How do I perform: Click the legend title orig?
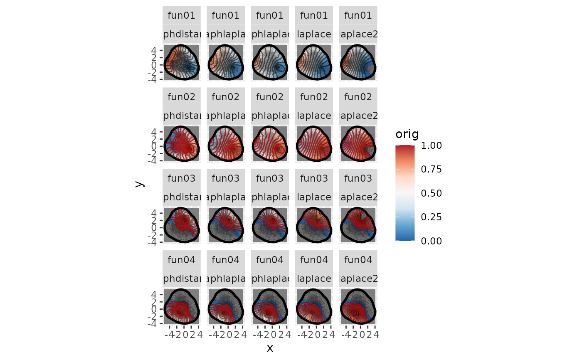tap(407, 134)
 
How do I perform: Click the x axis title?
tap(270, 348)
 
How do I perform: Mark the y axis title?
tap(140, 183)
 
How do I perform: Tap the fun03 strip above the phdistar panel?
tap(181, 179)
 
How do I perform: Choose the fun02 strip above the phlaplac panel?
tap(270, 97)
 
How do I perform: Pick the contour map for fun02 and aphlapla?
tap(226, 144)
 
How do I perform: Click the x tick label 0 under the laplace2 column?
tap(360, 334)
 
